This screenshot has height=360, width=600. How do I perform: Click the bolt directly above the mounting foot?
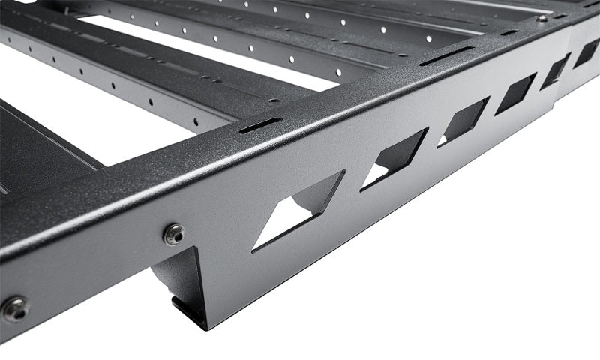tap(174, 234)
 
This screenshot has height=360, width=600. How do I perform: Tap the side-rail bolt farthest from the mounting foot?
tap(15, 307)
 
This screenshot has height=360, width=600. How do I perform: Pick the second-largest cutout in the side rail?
tap(394, 158)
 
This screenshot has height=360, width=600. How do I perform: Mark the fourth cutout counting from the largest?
tap(515, 93)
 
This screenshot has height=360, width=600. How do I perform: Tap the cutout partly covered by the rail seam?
tap(556, 71)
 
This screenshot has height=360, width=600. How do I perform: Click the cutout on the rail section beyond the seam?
tap(587, 53)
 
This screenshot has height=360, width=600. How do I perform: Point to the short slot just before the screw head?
tap(510, 32)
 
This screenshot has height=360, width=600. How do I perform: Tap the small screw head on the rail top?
tap(541, 18)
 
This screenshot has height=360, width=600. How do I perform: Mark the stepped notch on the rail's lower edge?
tap(559, 105)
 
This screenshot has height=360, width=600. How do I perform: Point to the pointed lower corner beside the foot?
tap(207, 325)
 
